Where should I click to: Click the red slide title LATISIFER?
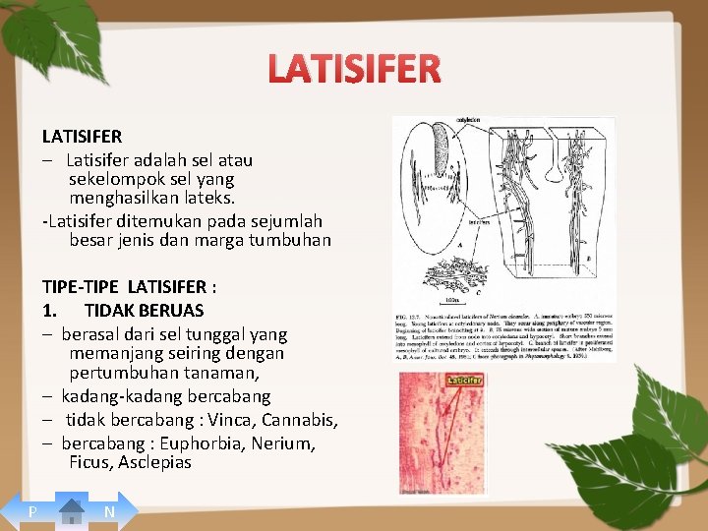[x=353, y=69]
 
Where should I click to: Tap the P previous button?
[x=32, y=512]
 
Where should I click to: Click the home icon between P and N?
[x=72, y=511]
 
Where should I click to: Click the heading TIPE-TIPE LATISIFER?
[x=129, y=286]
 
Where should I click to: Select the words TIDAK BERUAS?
[x=144, y=310]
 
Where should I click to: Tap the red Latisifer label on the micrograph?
[x=464, y=380]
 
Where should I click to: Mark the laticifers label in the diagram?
[x=479, y=223]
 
